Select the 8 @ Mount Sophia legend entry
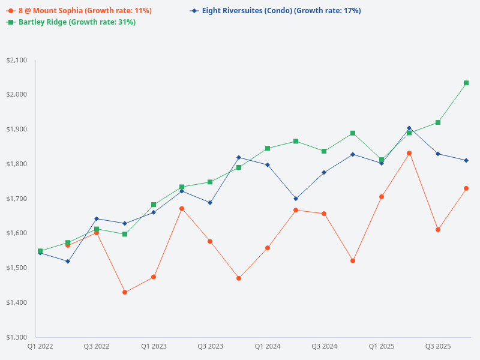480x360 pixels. [x=79, y=11]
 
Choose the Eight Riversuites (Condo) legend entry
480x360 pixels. [x=275, y=11]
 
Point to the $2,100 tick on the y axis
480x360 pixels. [x=16, y=60]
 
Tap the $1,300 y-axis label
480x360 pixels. [x=16, y=337]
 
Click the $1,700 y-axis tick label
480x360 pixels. [x=16, y=199]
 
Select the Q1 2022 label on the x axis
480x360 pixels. [x=40, y=346]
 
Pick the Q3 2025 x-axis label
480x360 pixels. [x=438, y=346]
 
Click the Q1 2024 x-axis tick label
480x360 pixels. [x=268, y=346]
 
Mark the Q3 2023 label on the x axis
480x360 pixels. [x=210, y=346]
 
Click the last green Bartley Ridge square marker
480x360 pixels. [x=466, y=83]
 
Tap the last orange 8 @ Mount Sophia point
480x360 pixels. [x=466, y=188]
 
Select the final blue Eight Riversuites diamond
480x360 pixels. [x=466, y=160]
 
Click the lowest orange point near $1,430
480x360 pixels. [x=125, y=292]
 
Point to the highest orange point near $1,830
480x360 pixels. [x=409, y=153]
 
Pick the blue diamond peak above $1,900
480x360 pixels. [x=409, y=128]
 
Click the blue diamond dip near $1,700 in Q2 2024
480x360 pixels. [x=296, y=199]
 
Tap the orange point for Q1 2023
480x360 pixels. [x=154, y=277]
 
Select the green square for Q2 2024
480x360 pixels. [x=296, y=141]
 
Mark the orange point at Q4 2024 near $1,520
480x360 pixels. [x=353, y=260]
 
